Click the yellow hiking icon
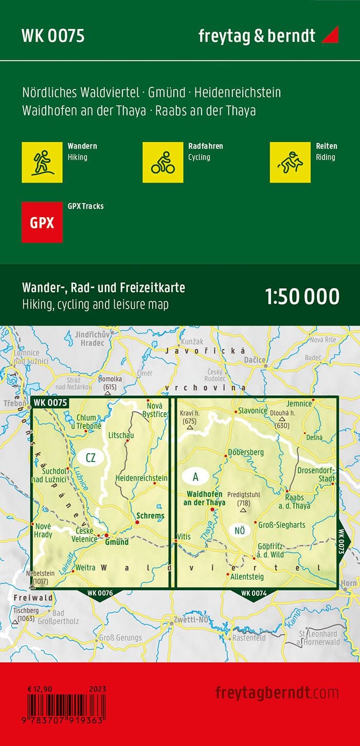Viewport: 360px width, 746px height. tap(42, 162)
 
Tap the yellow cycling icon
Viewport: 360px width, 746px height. tap(163, 162)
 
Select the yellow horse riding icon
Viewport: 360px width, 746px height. tap(290, 162)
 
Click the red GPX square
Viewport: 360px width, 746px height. tap(42, 222)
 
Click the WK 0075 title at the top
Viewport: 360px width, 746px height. tap(53, 36)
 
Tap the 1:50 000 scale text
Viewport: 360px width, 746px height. tap(302, 297)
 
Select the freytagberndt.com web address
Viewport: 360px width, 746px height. tap(277, 692)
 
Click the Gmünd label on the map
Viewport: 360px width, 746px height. tap(116, 542)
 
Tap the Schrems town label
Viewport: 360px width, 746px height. tap(150, 516)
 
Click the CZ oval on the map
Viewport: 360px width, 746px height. tap(92, 458)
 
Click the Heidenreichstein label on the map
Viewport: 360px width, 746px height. tap(141, 478)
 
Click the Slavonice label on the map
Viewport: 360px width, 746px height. tap(253, 411)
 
